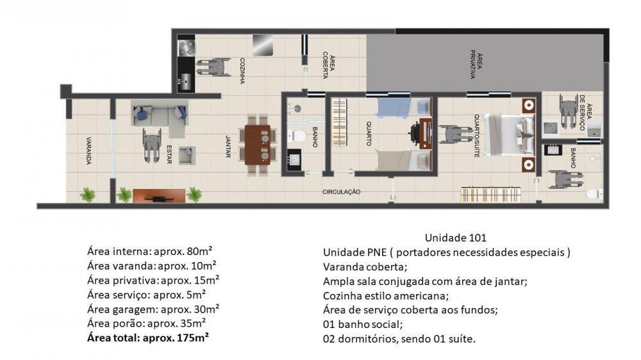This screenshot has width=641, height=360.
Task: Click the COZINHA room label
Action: click(x=242, y=67)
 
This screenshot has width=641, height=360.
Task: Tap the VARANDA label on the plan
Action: click(x=88, y=151)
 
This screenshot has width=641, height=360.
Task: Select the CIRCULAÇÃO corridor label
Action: click(x=341, y=192)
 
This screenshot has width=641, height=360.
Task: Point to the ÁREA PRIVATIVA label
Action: click(x=475, y=64)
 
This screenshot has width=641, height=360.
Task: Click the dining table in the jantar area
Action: click(x=259, y=145)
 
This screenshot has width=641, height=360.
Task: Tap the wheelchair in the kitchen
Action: click(x=213, y=67)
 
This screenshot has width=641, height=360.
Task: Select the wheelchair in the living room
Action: click(x=151, y=145)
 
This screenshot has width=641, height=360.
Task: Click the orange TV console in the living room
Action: click(x=158, y=195)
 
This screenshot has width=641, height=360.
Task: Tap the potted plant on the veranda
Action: click(x=87, y=194)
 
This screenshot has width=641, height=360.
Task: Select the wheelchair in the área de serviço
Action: click(x=567, y=110)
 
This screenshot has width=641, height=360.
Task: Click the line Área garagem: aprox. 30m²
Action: click(x=153, y=308)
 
